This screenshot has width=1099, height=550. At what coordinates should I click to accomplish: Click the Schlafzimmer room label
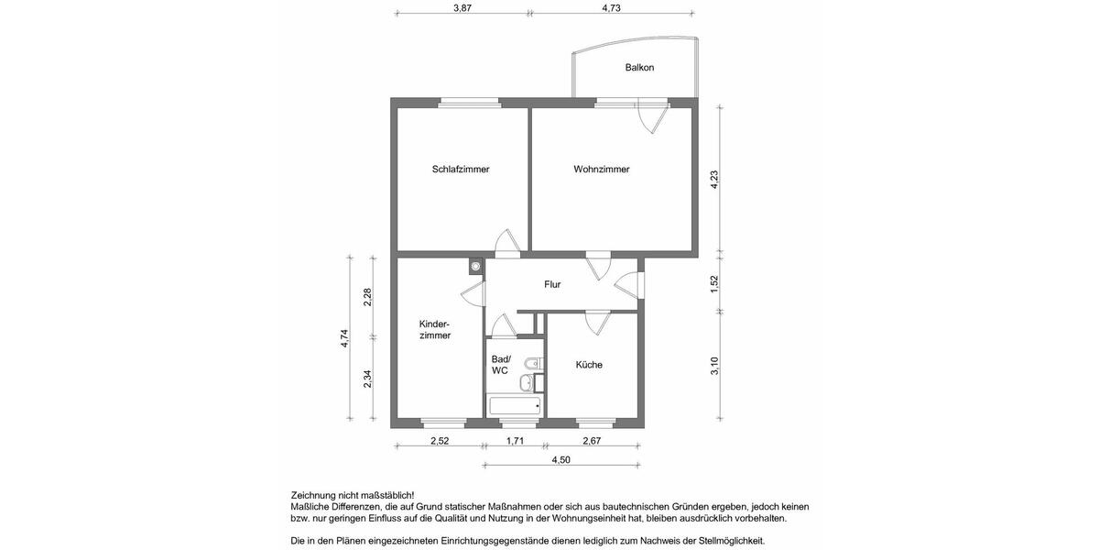(x=461, y=170)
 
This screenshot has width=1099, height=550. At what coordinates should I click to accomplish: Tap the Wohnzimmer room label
(x=602, y=170)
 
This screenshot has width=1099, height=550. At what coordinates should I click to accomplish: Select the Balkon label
(x=639, y=68)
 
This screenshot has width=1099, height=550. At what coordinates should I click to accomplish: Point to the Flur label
(x=552, y=285)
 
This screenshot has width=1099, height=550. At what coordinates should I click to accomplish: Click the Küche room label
(x=589, y=365)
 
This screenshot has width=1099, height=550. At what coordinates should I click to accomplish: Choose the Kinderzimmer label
(x=434, y=330)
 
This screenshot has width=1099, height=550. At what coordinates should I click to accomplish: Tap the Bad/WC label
(x=501, y=365)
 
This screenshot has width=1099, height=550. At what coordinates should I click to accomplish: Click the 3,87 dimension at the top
(x=462, y=7)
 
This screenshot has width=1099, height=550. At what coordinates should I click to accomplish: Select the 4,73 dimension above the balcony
(x=611, y=7)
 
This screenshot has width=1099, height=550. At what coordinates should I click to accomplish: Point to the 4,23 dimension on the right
(x=715, y=180)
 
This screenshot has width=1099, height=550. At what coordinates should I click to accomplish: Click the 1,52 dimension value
(x=715, y=284)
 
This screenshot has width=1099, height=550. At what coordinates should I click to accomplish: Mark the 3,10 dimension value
(x=715, y=366)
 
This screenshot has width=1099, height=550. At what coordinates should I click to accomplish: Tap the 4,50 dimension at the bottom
(x=560, y=460)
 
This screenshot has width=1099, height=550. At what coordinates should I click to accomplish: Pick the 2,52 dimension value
(x=440, y=442)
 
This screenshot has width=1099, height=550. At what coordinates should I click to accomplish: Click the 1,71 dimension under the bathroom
(x=516, y=442)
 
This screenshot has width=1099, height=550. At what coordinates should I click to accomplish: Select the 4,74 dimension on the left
(x=345, y=338)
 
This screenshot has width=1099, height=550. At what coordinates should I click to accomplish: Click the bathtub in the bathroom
(x=515, y=406)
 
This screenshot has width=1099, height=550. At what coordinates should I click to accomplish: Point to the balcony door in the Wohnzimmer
(x=653, y=118)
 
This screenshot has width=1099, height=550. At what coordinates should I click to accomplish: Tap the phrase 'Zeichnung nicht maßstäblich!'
(x=352, y=496)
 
